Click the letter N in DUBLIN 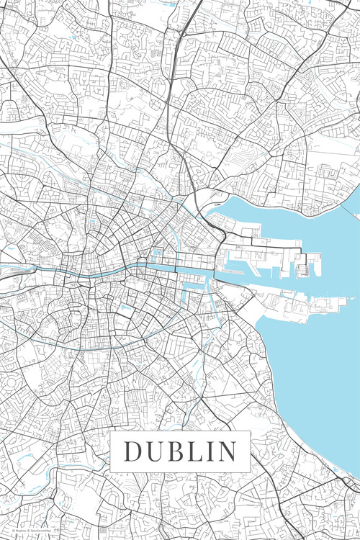[x=225, y=451]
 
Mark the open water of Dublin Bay [x=317, y=360]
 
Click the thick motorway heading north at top [x=175, y=58]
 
